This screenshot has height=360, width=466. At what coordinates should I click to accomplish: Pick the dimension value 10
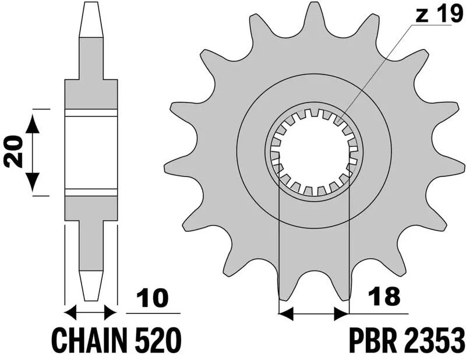click(153, 298)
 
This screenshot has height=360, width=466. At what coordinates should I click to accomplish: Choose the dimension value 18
click(383, 296)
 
